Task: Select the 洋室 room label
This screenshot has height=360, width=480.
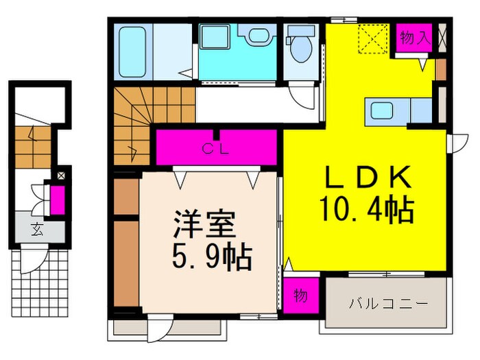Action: [x=204, y=226]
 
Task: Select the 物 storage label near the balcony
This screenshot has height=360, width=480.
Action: [x=300, y=296]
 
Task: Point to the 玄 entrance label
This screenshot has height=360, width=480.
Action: [x=34, y=231]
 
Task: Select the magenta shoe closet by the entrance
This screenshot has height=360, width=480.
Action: [x=58, y=199]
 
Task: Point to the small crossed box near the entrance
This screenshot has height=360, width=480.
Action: [x=61, y=175]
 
